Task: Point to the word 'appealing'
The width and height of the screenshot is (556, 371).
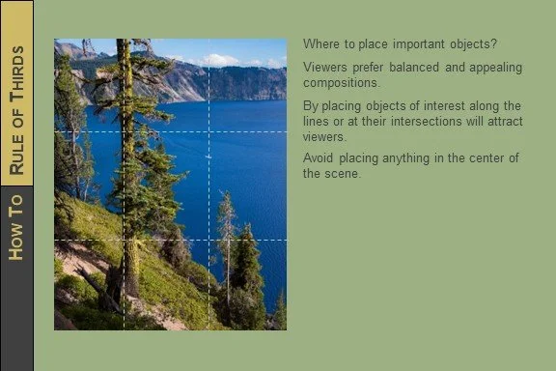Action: [493, 67]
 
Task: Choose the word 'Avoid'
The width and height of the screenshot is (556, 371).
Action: [319, 158]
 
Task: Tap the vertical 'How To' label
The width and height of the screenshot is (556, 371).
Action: [16, 227]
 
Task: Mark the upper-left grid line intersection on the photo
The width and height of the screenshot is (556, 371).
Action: [125, 131]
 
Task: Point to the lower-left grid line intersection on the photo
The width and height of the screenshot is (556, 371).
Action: [125, 240]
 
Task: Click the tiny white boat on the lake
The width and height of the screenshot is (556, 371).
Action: [208, 155]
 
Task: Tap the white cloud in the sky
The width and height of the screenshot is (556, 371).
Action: [221, 60]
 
